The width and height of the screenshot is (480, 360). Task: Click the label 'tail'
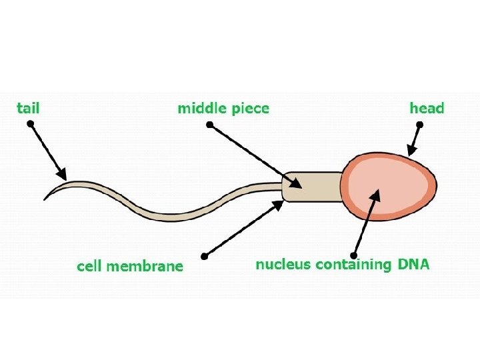point(28,107)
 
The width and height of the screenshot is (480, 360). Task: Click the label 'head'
point(426,108)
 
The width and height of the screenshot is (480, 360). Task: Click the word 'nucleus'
point(283,264)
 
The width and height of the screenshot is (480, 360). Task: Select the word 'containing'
point(353,264)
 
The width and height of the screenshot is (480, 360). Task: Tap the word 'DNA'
point(414,264)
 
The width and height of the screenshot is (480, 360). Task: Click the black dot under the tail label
point(30,124)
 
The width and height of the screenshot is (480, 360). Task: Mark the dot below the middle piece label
point(209,125)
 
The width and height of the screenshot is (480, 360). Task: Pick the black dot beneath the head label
point(419,125)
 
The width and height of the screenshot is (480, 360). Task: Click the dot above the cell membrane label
point(205,255)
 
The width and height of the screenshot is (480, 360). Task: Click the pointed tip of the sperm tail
point(45,199)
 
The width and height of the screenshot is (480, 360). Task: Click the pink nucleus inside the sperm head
point(387,187)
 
